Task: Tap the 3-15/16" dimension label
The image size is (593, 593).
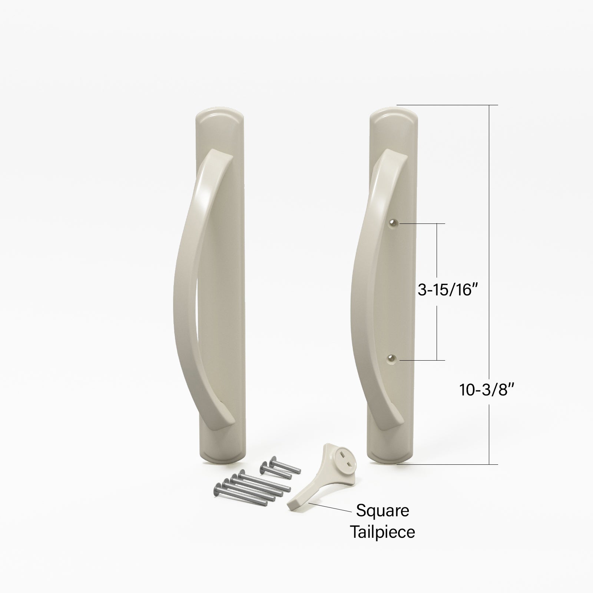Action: [x=446, y=290]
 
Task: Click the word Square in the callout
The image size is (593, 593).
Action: [x=382, y=511]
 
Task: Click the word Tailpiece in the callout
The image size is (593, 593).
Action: [x=382, y=532]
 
